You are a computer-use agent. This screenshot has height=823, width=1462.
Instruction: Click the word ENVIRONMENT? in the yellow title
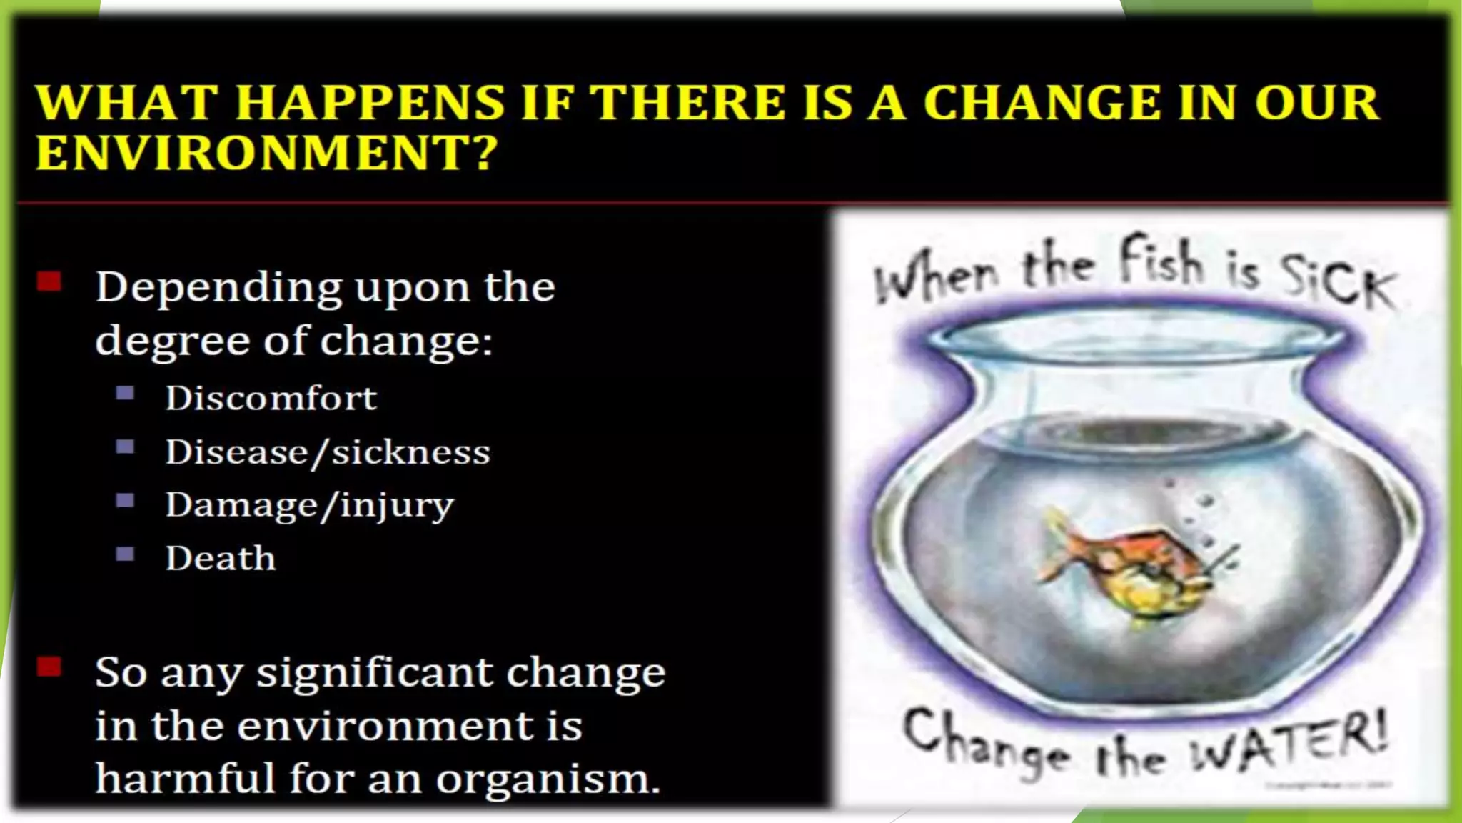pos(266,153)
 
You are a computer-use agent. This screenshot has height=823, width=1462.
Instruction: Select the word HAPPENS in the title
pos(370,102)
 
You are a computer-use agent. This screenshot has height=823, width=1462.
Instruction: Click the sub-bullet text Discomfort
pos(271,398)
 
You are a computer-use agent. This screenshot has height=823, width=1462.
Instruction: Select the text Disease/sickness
pos(328,452)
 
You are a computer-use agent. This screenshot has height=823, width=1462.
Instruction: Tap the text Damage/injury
pos(309,506)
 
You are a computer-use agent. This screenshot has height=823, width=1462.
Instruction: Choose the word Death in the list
pos(220,559)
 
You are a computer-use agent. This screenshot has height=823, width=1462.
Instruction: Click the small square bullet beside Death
pos(125,554)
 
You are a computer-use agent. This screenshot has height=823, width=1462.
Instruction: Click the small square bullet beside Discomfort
pos(125,393)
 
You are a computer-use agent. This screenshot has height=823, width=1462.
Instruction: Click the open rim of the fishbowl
pos(1135,336)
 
